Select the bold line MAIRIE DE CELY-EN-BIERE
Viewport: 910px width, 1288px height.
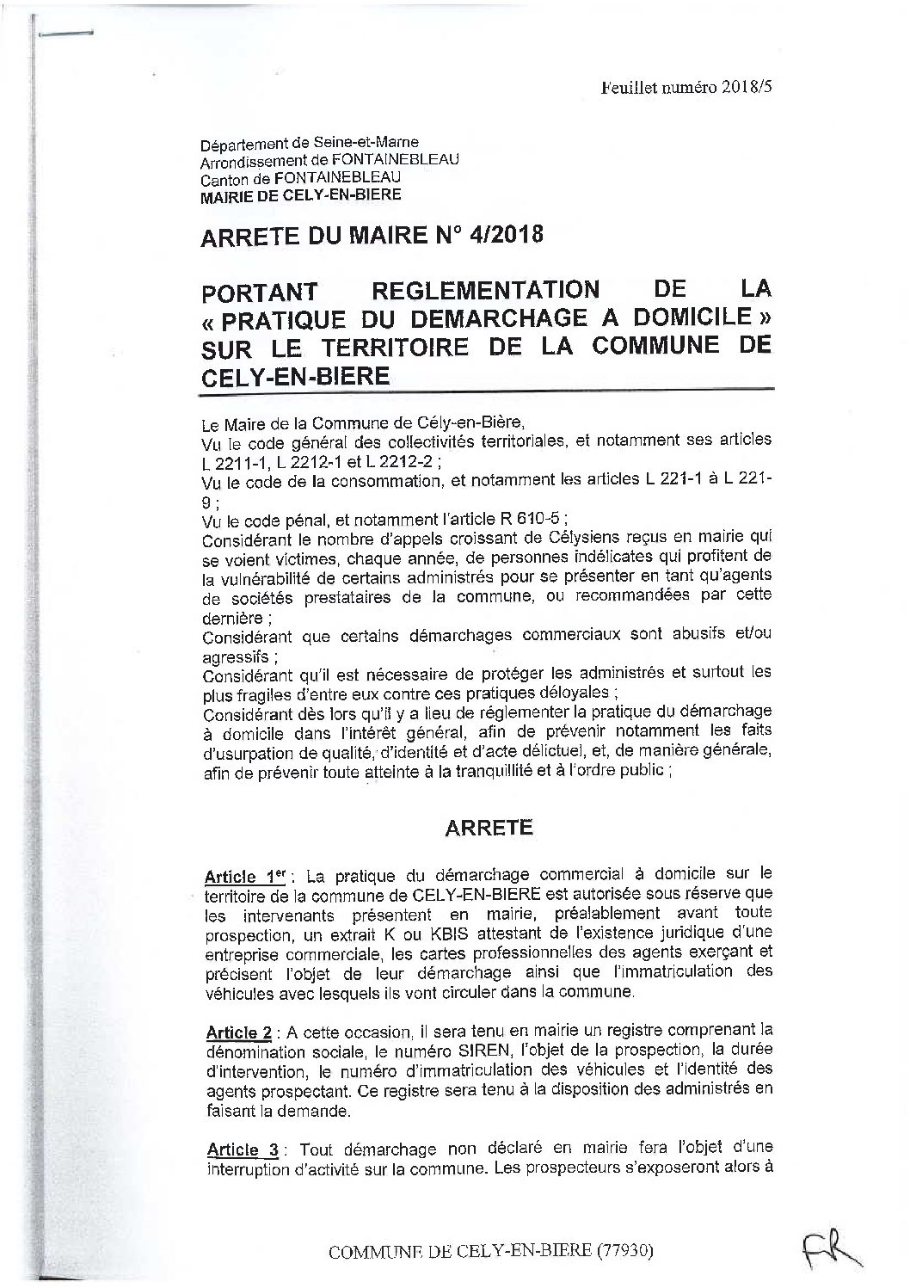[299, 195]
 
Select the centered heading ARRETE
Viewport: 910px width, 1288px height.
[489, 828]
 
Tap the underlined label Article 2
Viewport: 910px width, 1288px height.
[236, 1032]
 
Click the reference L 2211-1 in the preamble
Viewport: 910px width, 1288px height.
[231, 461]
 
